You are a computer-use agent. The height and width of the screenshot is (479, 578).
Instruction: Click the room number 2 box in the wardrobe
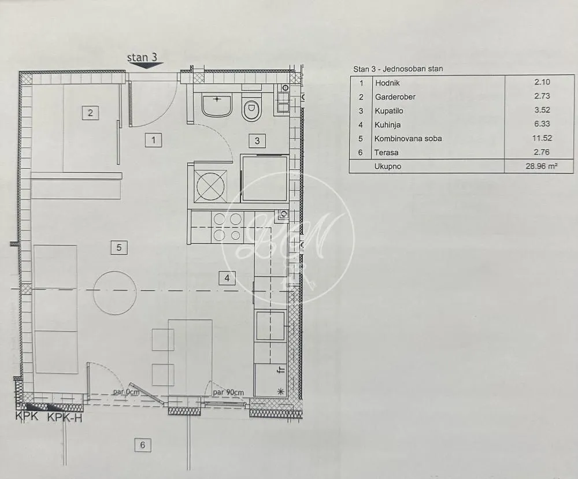tap(90, 113)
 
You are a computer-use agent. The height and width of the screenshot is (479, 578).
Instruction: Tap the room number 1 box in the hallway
tap(153, 139)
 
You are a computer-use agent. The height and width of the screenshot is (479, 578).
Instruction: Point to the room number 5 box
tap(118, 247)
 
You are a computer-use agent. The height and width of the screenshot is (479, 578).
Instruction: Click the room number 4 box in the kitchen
tap(227, 278)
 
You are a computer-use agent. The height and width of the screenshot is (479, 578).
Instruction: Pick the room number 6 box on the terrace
tap(142, 445)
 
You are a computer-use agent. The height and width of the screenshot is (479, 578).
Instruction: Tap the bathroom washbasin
tap(217, 105)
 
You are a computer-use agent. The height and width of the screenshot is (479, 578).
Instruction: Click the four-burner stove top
tap(228, 226)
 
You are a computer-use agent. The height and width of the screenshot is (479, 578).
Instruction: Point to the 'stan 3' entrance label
tap(142, 57)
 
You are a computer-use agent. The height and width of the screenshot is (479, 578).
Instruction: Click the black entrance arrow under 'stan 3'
tap(143, 66)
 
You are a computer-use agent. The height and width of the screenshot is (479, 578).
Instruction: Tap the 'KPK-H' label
tap(64, 417)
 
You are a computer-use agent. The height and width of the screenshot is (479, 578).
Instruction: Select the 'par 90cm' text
tap(228, 392)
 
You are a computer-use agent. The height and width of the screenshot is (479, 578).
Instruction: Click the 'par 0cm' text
tap(126, 392)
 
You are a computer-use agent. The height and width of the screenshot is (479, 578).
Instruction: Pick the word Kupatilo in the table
tap(389, 111)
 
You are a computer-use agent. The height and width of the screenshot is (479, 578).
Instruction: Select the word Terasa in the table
tap(386, 153)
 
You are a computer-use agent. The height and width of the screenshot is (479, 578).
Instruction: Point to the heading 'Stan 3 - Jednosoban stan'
tap(398, 69)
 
